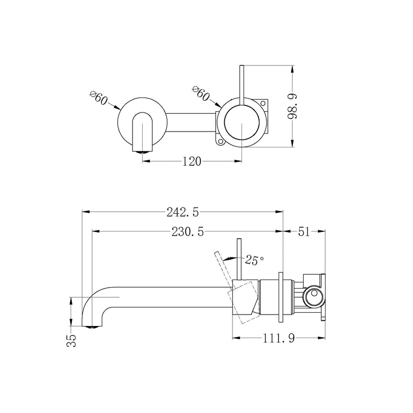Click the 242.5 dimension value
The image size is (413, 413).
pos(183,211)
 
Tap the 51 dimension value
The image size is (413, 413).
pos(304,231)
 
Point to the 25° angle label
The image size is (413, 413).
pos(255,260)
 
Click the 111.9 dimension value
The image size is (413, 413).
pos(279,339)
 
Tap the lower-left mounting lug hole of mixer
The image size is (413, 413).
pos(220,141)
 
